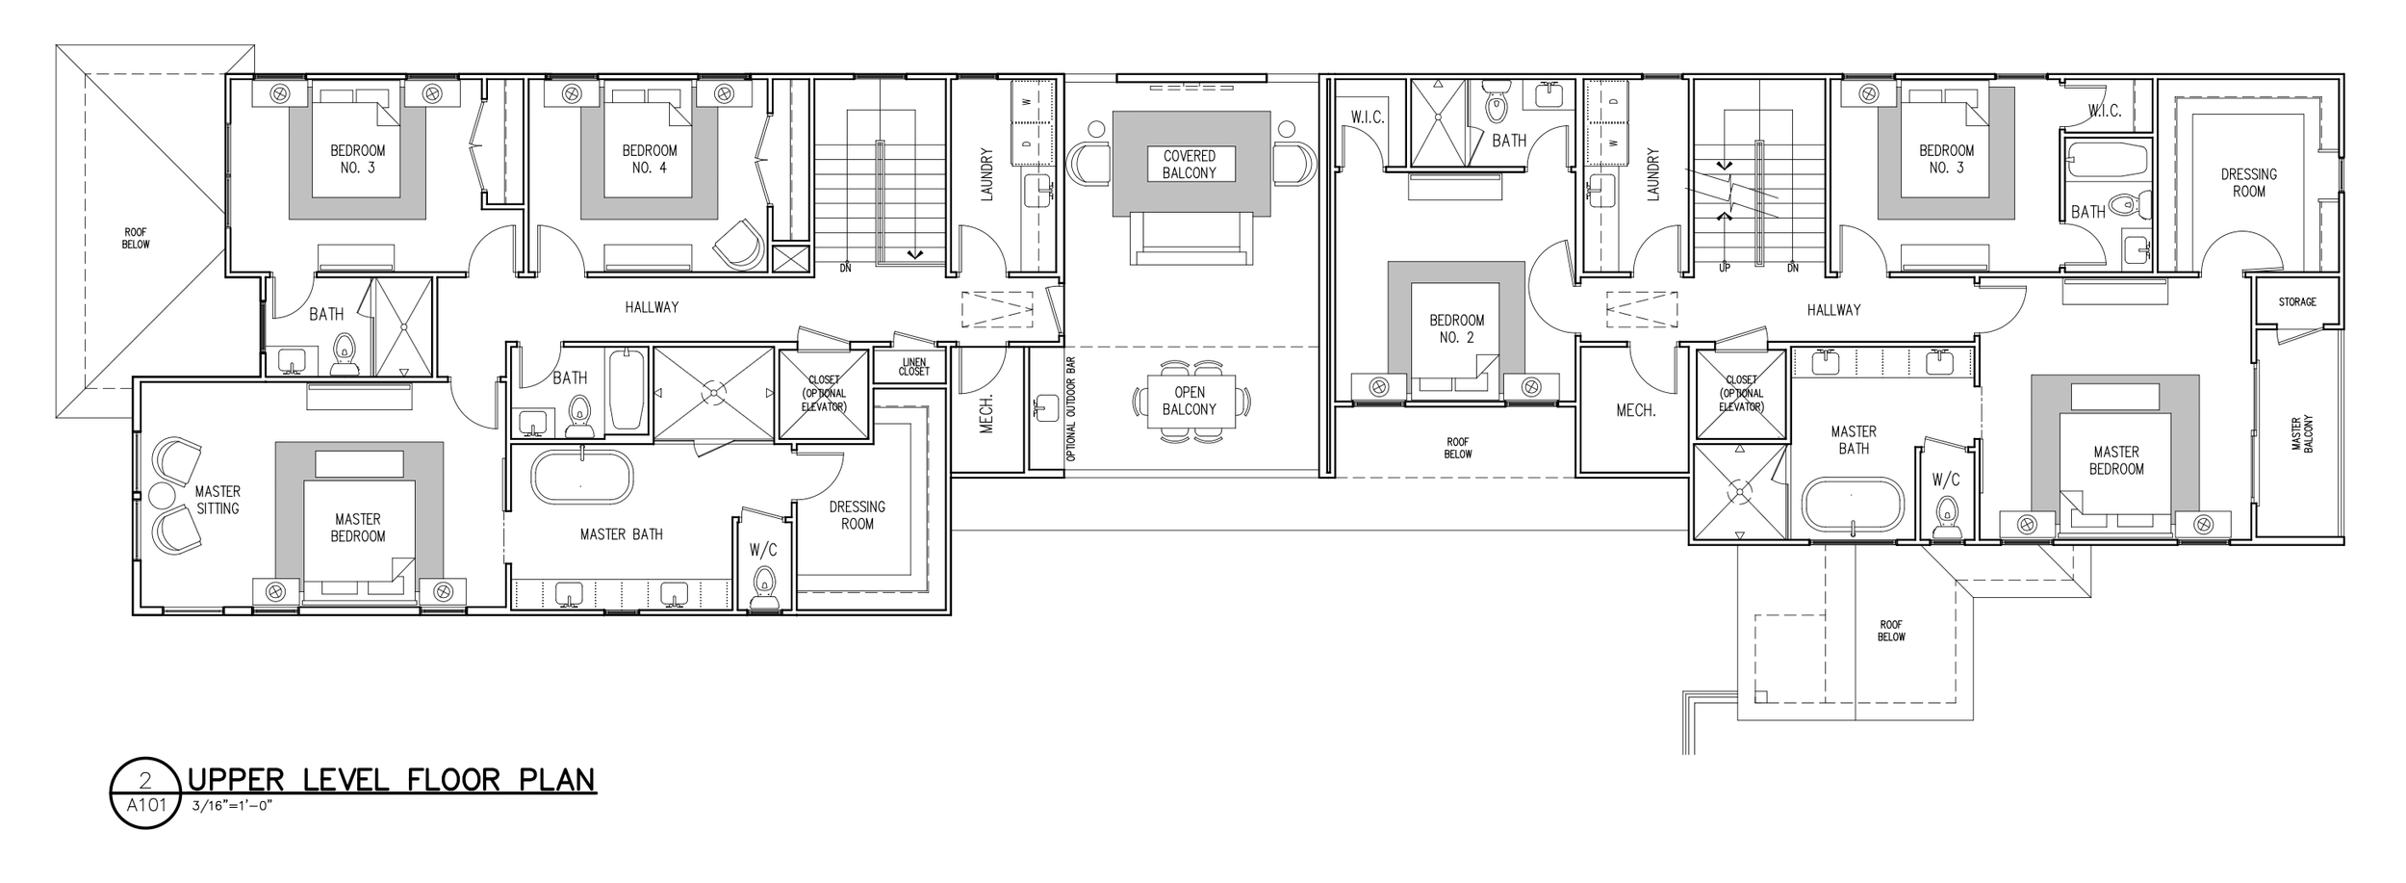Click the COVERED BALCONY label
[1190, 165]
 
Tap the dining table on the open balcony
[1190, 401]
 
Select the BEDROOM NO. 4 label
[650, 159]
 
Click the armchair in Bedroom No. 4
[739, 244]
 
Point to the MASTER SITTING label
[218, 500]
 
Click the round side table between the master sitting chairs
[160, 496]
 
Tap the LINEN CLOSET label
[913, 367]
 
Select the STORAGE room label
[2297, 302]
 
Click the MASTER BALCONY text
[2301, 434]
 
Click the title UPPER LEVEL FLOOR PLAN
[392, 778]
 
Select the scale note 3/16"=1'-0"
[235, 806]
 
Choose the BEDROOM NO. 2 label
[1456, 328]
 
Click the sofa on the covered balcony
[1190, 237]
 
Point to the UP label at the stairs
[1724, 269]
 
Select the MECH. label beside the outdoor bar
[986, 413]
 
